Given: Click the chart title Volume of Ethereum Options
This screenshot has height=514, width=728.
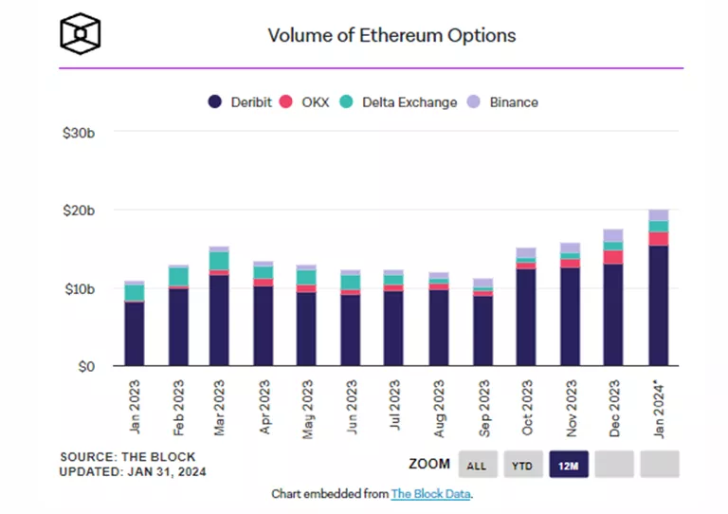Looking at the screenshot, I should click(x=391, y=35).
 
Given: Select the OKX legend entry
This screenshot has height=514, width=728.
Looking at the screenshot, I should click(x=314, y=102).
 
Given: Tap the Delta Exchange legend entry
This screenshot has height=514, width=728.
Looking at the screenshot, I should click(x=409, y=102).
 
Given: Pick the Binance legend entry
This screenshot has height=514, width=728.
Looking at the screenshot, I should click(x=513, y=102).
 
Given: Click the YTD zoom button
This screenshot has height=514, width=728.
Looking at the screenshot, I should click(x=522, y=465).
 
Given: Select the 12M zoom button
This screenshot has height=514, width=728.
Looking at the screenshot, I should click(x=568, y=465).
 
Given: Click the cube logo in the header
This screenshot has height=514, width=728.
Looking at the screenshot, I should click(x=80, y=35).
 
